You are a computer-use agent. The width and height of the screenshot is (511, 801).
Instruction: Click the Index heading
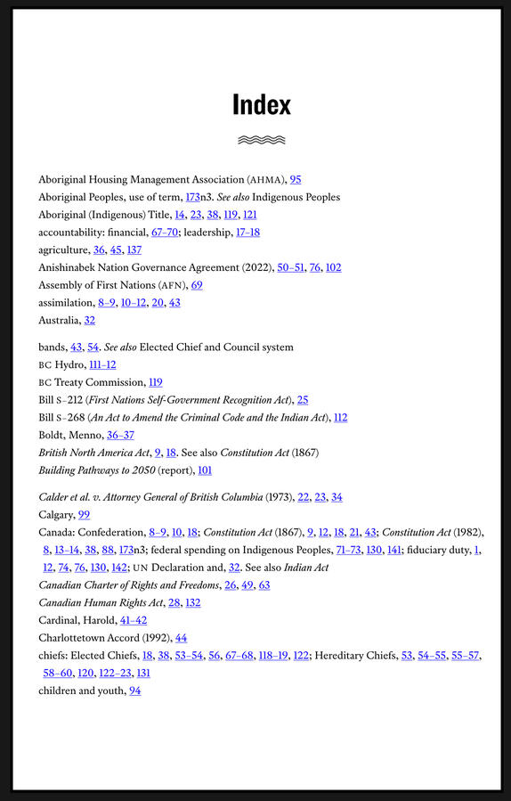(x=262, y=105)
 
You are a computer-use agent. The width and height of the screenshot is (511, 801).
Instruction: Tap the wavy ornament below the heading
(x=262, y=140)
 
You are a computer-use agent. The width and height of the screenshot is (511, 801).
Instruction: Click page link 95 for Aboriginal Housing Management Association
(x=296, y=179)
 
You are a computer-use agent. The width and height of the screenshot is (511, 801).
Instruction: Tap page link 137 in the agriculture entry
(x=134, y=249)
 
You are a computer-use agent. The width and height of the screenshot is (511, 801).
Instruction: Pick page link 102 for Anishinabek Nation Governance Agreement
(x=333, y=267)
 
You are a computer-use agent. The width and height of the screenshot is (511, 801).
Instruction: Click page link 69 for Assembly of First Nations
(x=197, y=285)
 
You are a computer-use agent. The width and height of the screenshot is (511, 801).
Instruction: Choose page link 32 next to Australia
(x=89, y=320)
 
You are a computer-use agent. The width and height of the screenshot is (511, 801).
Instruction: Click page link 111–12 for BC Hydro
(x=102, y=364)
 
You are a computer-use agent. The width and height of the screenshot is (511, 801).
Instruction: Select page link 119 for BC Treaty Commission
(x=155, y=381)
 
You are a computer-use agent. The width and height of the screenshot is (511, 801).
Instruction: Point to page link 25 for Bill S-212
(x=303, y=399)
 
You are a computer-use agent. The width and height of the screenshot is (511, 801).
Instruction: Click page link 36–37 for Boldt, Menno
(x=120, y=435)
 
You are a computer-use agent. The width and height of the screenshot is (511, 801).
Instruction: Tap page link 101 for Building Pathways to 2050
(x=205, y=470)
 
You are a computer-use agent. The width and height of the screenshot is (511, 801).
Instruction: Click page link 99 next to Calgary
(x=85, y=514)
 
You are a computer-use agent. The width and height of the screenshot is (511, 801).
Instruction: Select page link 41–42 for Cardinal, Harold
(x=134, y=620)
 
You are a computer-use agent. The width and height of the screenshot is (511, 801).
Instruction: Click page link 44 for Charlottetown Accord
(x=181, y=638)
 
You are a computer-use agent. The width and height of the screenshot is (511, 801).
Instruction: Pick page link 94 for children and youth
(x=135, y=691)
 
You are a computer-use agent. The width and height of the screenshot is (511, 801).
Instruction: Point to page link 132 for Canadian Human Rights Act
(x=193, y=602)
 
